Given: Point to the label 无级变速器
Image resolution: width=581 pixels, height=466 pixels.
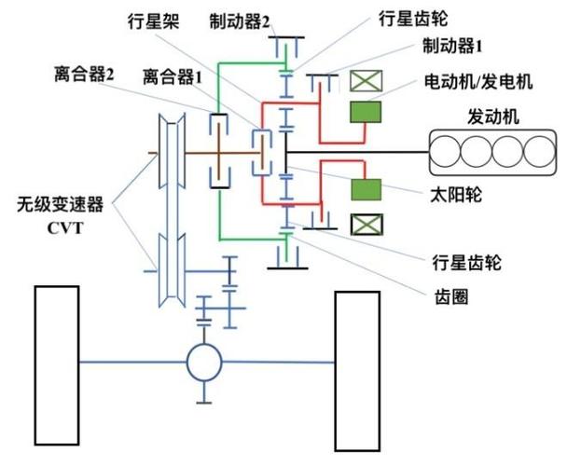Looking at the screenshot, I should pyautogui.click(x=55, y=203).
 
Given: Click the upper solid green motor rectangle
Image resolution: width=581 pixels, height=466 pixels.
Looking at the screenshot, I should pyautogui.click(x=365, y=113).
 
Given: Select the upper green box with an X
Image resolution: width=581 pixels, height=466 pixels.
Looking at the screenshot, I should pyautogui.click(x=365, y=81).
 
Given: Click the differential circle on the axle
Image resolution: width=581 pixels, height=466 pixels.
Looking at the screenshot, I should pyautogui.click(x=204, y=361).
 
